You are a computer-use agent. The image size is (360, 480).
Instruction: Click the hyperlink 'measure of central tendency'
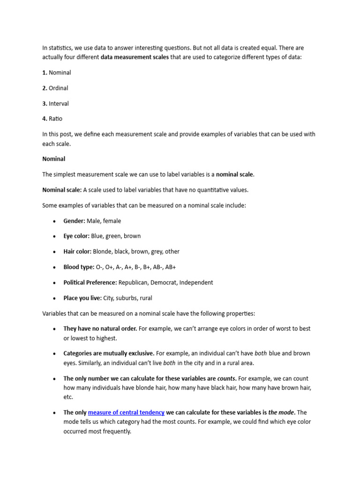tap(126, 412)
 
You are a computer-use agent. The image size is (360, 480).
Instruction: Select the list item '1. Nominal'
tap(57, 73)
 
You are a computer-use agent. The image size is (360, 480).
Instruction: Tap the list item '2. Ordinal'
tap(55, 88)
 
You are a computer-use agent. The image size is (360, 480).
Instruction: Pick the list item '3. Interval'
tap(55, 104)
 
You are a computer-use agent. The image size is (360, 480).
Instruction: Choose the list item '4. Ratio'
tap(52, 119)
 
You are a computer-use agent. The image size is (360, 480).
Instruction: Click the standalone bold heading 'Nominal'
tap(54, 159)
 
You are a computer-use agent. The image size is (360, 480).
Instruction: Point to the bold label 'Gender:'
tap(74, 221)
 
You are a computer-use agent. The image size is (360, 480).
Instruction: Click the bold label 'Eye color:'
tap(76, 236)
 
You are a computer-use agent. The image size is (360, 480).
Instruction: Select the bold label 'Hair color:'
tap(77, 252)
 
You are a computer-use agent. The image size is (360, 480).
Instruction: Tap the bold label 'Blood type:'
tap(79, 267)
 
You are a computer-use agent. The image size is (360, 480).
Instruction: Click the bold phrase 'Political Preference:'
tap(90, 283)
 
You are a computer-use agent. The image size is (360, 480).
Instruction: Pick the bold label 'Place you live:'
tap(82, 298)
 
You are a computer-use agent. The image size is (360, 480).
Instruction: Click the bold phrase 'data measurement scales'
tap(135, 57)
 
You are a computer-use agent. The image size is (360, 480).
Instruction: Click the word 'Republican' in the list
tap(135, 283)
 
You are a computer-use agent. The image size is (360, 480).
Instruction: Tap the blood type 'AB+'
tap(170, 267)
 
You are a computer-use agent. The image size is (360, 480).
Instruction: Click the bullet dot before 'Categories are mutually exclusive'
tap(54, 353)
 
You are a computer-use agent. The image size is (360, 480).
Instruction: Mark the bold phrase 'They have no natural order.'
tap(100, 329)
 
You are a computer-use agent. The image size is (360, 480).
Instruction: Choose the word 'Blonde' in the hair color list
tap(103, 252)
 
